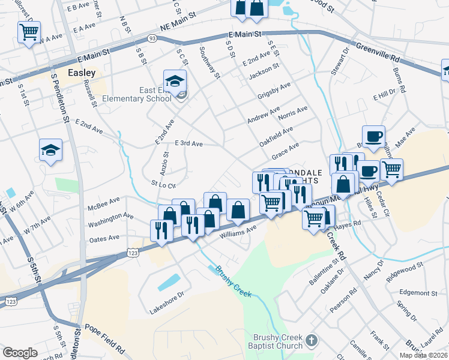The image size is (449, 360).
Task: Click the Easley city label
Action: point(82,72)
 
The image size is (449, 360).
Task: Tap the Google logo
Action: point(20,353)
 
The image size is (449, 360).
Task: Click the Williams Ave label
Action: point(238,230)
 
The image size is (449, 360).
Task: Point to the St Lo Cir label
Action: point(163,185)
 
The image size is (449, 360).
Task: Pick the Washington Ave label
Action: point(111,220)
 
